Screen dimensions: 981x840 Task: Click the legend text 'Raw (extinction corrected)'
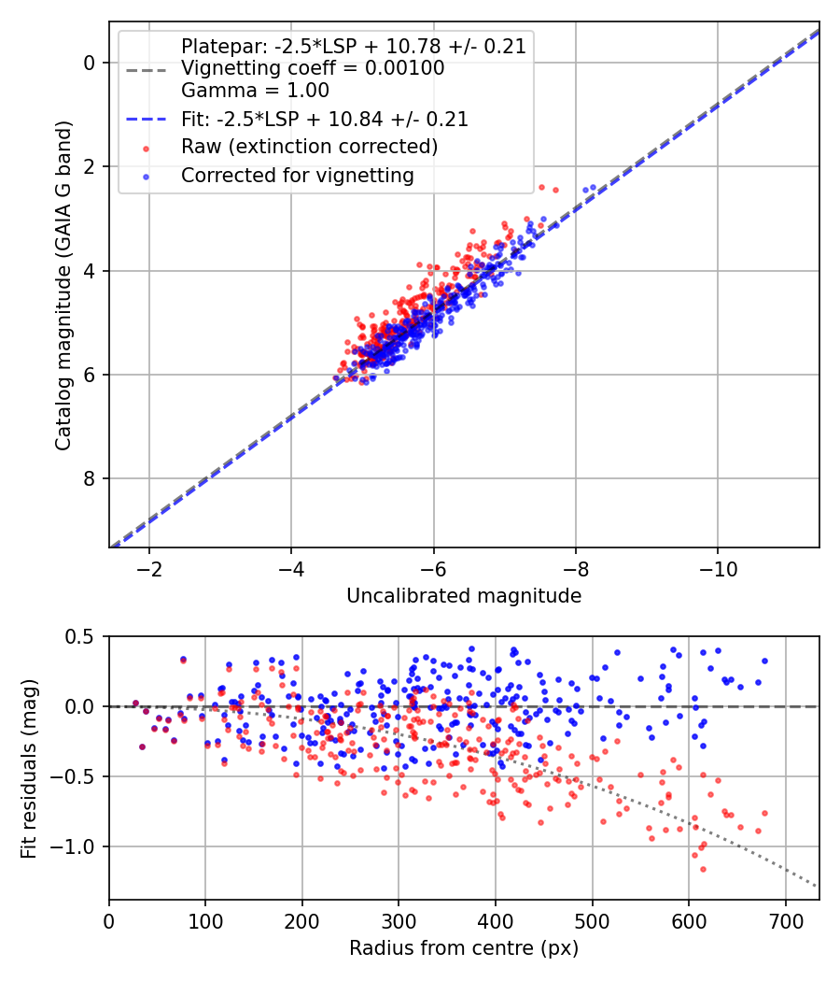[x=309, y=147]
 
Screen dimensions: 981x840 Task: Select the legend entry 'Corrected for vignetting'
[x=298, y=175]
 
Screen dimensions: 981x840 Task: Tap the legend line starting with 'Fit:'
[x=325, y=120]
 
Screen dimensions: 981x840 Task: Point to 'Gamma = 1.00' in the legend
[x=255, y=91]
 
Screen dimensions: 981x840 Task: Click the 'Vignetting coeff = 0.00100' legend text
[x=313, y=68]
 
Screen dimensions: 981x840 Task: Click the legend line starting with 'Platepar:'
[x=354, y=46]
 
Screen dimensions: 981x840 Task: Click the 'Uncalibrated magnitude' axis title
[x=464, y=596]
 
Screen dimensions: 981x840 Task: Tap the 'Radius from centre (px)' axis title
[x=464, y=948]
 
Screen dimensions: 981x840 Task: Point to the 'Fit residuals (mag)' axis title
[x=29, y=768]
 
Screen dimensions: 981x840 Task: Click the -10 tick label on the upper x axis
[x=717, y=569]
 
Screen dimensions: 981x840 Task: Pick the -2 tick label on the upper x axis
[x=147, y=569]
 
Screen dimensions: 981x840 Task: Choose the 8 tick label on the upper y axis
[x=90, y=479]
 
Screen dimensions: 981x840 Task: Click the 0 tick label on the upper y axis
[x=90, y=63]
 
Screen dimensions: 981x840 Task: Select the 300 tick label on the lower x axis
[x=399, y=921]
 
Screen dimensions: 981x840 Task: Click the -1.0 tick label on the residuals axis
[x=77, y=846]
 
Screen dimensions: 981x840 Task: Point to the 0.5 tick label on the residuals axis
[x=82, y=636]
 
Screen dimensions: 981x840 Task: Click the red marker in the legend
[x=146, y=148]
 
